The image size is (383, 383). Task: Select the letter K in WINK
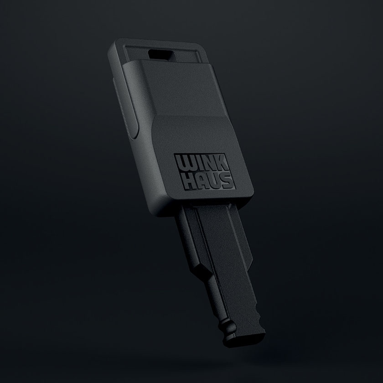tap(222, 163)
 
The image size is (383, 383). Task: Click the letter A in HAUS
tap(203, 181)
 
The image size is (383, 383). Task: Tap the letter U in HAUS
tap(215, 181)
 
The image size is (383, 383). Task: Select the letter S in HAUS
tap(227, 180)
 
